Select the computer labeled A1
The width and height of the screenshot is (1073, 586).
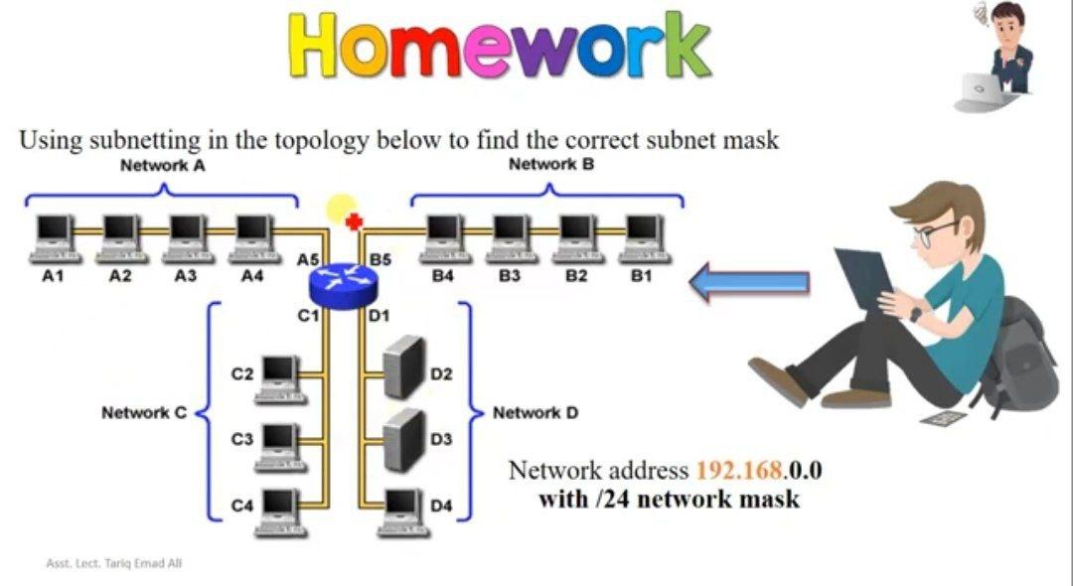(53, 238)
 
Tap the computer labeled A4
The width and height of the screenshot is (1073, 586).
(252, 238)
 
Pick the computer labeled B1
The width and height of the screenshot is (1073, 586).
(643, 238)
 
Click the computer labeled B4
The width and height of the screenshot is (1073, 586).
(443, 238)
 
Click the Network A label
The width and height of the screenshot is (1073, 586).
(162, 165)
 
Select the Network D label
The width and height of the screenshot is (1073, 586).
(536, 412)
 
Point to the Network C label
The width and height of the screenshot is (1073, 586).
(144, 412)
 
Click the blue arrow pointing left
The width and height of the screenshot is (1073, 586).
(749, 282)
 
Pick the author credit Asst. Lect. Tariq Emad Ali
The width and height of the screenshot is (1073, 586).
(114, 563)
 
